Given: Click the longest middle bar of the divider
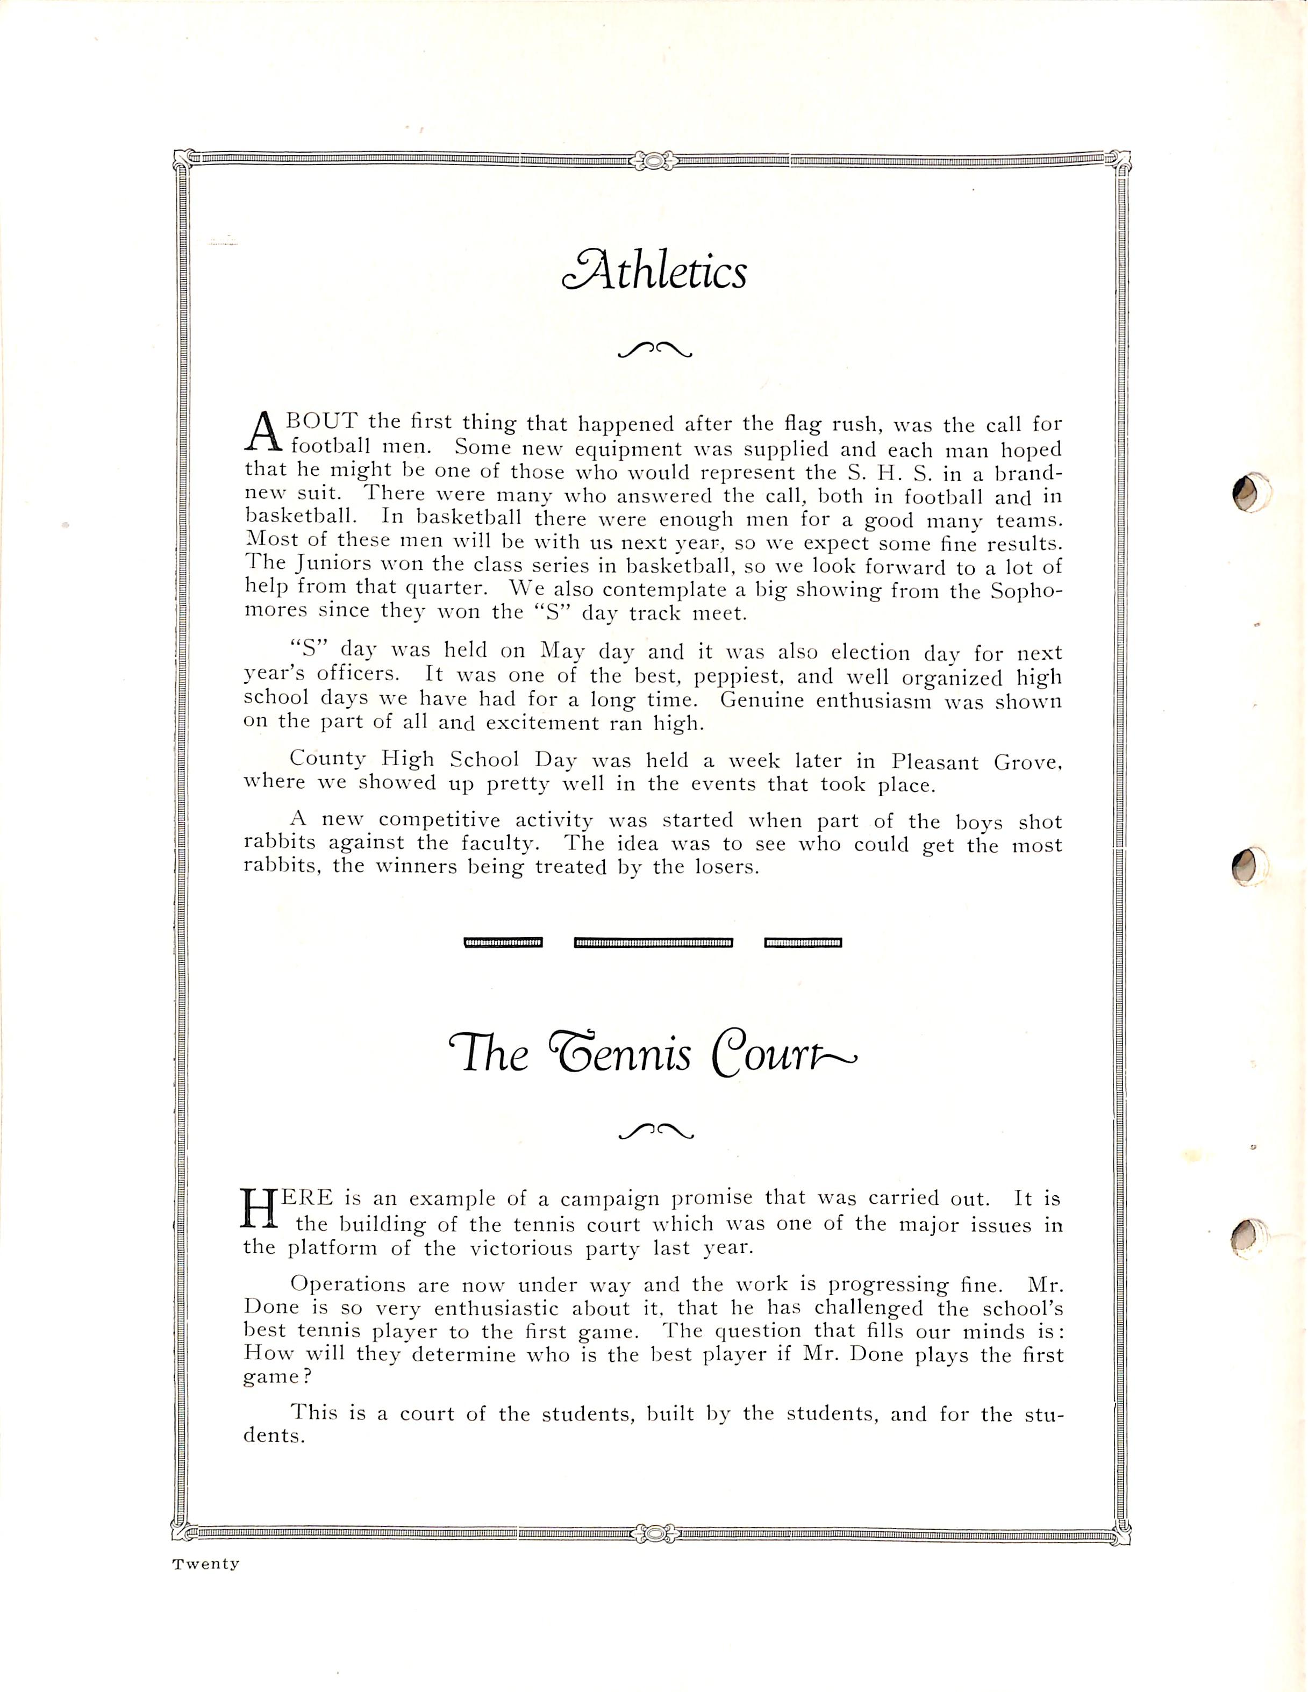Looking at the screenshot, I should coord(653,943).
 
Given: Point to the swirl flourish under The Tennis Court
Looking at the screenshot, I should coord(655,1132).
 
